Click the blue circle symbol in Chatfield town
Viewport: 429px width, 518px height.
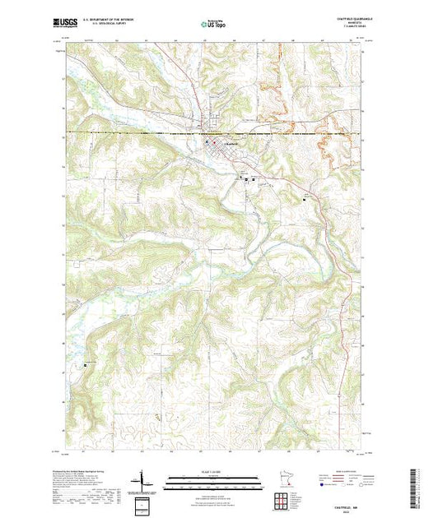[207, 141]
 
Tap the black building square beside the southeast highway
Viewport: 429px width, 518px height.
[305, 198]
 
